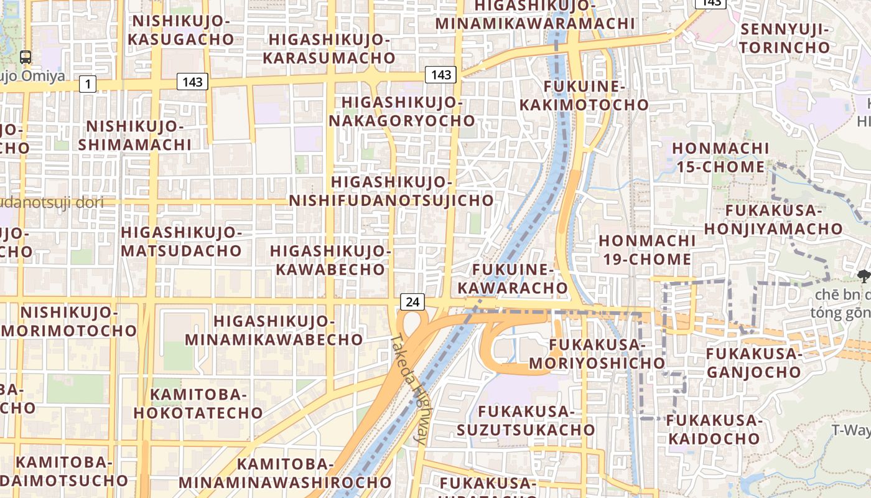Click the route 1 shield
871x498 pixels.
pyautogui.click(x=88, y=83)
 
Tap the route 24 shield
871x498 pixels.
pyautogui.click(x=412, y=303)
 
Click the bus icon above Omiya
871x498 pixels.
pyautogui.click(x=26, y=57)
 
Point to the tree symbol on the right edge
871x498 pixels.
pyautogui.click(x=863, y=276)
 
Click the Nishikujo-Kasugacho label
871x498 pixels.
pyautogui.click(x=182, y=30)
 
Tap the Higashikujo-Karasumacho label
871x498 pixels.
pyautogui.click(x=328, y=49)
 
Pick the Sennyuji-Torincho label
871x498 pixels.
pyautogui.click(x=785, y=38)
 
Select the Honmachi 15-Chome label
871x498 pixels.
pyautogui.click(x=720, y=157)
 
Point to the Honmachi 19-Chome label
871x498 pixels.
pyautogui.click(x=647, y=250)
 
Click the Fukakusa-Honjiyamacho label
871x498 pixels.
pyautogui.click(x=773, y=219)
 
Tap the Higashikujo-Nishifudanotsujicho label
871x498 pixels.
pyautogui.click(x=391, y=191)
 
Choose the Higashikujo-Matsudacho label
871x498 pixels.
pyautogui.click(x=181, y=242)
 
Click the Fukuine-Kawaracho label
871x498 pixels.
pyautogui.click(x=513, y=278)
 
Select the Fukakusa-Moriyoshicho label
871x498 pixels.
pyautogui.click(x=597, y=354)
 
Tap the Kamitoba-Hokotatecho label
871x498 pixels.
pyautogui.click(x=198, y=403)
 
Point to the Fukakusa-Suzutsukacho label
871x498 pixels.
pyautogui.click(x=526, y=420)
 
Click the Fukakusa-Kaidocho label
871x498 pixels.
pyautogui.click(x=714, y=430)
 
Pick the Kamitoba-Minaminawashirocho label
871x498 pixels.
pyautogui.click(x=285, y=473)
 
